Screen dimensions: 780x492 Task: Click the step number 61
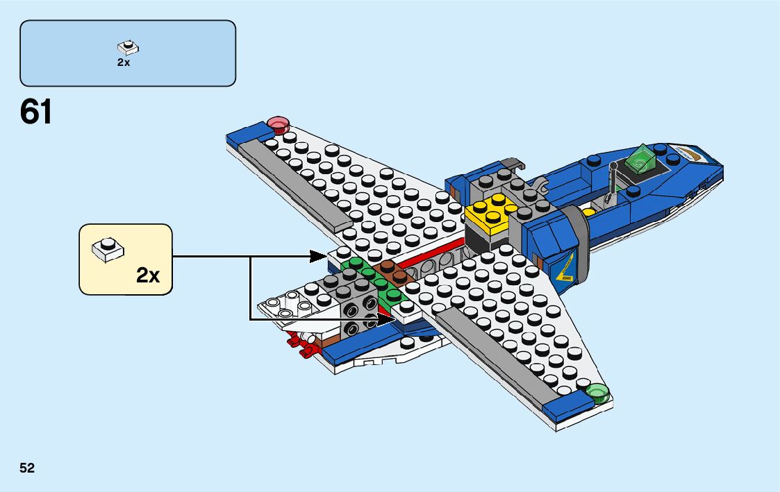[36, 112]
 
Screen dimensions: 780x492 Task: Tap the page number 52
[27, 468]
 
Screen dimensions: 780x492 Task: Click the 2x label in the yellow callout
[148, 275]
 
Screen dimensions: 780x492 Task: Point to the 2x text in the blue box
[124, 62]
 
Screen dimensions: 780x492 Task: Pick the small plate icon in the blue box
[128, 47]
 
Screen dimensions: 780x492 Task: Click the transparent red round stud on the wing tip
[279, 124]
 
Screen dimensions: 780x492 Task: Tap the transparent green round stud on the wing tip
[597, 394]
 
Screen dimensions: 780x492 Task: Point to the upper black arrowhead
[319, 257]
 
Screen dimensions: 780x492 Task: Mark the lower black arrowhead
[385, 319]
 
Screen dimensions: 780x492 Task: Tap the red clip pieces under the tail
[299, 344]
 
